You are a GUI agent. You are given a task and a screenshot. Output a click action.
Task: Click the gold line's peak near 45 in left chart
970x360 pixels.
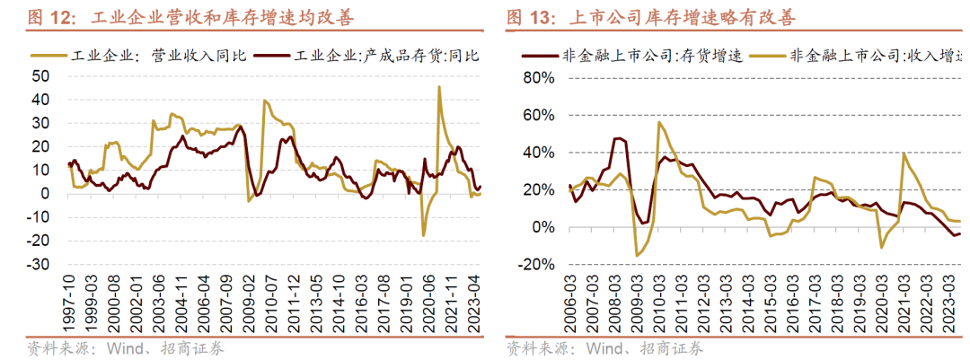tap(438, 87)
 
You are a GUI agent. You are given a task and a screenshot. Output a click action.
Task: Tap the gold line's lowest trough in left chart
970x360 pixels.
tap(423, 235)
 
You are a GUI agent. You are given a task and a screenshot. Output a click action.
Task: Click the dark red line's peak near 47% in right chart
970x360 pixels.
tap(618, 138)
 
